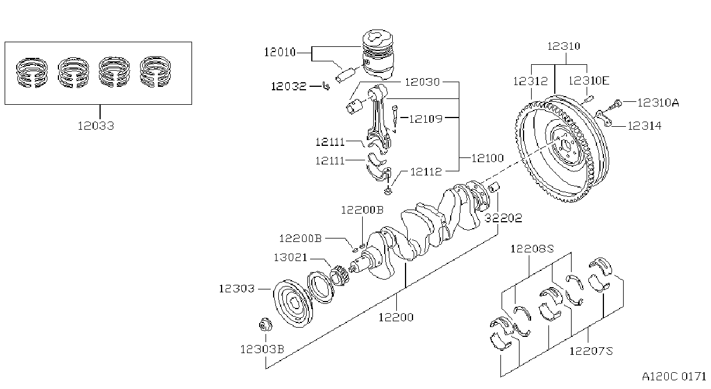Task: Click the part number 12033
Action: pos(96,126)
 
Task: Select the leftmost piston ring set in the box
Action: pos(32,73)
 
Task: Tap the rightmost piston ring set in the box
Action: pos(155,71)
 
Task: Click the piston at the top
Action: pos(378,54)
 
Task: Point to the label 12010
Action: pos(279,52)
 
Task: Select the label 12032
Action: pos(289,86)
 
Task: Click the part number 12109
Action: pos(425,119)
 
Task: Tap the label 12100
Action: pos(488,158)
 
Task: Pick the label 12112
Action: pos(426,172)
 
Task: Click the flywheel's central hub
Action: pos(566,148)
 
